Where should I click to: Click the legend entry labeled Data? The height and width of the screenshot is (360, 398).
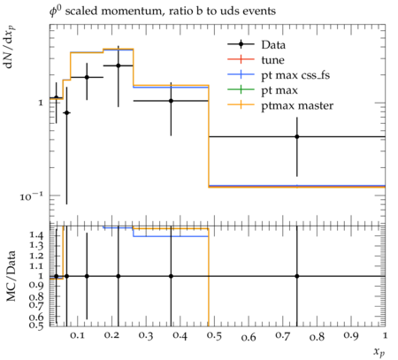click(x=273, y=45)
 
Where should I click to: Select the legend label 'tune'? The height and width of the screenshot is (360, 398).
click(x=272, y=60)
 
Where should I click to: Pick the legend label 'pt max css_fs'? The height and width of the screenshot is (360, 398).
click(x=295, y=75)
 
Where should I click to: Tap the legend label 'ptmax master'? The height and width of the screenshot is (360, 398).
click(x=297, y=105)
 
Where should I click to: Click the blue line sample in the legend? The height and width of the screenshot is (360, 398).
click(x=241, y=74)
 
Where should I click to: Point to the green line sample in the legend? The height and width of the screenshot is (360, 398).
click(x=241, y=90)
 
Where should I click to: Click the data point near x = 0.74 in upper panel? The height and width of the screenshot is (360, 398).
click(x=297, y=137)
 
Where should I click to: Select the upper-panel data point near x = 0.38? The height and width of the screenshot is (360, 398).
click(x=171, y=101)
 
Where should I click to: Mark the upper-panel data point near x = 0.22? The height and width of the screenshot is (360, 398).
click(x=119, y=65)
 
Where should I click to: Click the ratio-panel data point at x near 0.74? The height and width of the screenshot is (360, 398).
click(x=297, y=276)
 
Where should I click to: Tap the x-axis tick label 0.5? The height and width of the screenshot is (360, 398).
click(x=214, y=336)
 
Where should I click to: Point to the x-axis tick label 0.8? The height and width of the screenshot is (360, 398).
click(x=317, y=336)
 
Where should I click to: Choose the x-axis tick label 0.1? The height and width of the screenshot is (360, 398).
click(x=77, y=335)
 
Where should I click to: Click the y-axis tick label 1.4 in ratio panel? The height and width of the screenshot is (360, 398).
click(x=36, y=235)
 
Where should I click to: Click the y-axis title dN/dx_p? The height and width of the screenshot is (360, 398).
click(x=10, y=47)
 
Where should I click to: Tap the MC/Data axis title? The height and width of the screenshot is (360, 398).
click(x=11, y=276)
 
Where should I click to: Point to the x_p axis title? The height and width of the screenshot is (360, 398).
click(x=379, y=351)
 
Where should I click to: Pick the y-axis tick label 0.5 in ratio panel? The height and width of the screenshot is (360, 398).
click(x=36, y=325)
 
